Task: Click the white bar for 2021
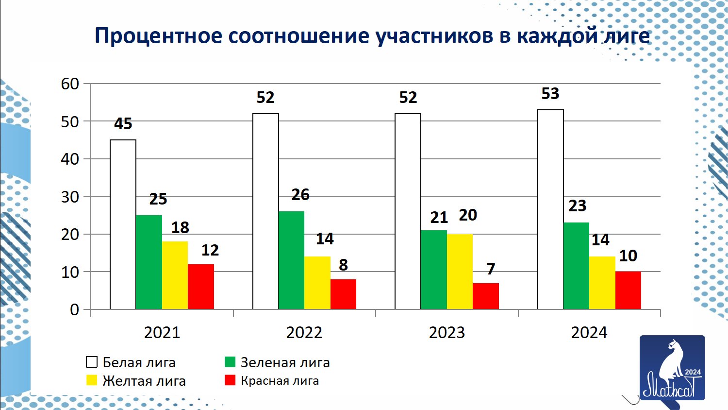pos(123,224)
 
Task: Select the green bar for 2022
pos(291,260)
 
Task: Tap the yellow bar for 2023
pos(460,272)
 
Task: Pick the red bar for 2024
pos(628,290)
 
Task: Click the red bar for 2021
pos(201,287)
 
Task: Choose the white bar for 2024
pos(550,209)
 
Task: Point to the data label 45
pos(123,124)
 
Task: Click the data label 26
pos(300,195)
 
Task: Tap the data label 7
pos(491,269)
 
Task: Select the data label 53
pos(550,94)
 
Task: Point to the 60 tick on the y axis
pos(70,84)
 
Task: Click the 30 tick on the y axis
pos(70,197)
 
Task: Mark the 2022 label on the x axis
pos(304,333)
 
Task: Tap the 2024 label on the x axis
pos(589,333)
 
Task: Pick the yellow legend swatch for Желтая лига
pos(92,380)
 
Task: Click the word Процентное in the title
pos(158,36)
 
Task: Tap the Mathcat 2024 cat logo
pos(672,368)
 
